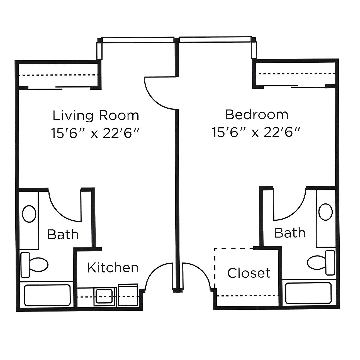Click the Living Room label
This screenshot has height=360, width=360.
[x=96, y=116]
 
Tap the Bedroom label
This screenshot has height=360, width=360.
[x=257, y=115]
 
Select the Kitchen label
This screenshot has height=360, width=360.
[x=113, y=267]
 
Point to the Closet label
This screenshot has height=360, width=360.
[x=249, y=273]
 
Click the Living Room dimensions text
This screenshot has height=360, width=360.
[x=96, y=133]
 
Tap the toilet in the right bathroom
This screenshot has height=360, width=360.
[x=321, y=262]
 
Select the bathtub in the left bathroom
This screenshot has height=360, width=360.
[x=47, y=295]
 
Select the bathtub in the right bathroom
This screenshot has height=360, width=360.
[x=308, y=293]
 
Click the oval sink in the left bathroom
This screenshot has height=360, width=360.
[x=29, y=214]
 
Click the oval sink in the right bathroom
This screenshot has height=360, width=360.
[x=326, y=212]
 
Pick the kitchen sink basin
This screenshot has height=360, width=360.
[x=104, y=296]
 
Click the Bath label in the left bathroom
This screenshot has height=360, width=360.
[x=63, y=234]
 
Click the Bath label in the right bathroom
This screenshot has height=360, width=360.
[x=290, y=233]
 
